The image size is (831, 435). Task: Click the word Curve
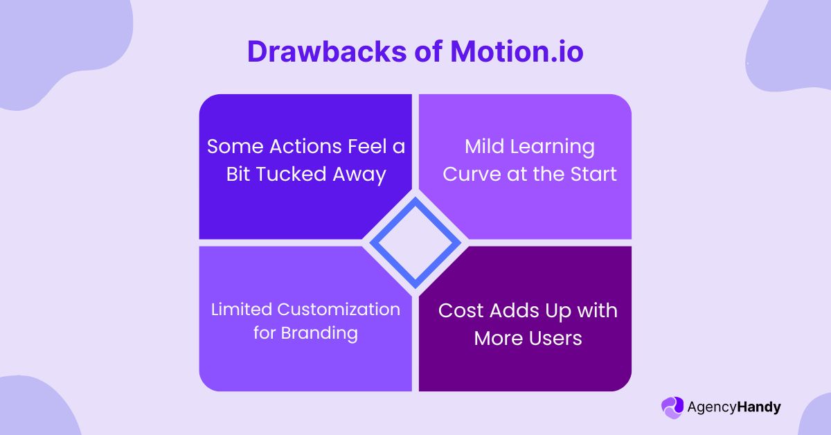(471, 174)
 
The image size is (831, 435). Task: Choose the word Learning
(552, 147)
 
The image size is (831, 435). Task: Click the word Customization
(339, 309)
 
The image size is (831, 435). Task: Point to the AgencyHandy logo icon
(672, 407)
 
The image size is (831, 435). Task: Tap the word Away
(361, 174)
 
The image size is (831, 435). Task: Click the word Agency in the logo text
(711, 407)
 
